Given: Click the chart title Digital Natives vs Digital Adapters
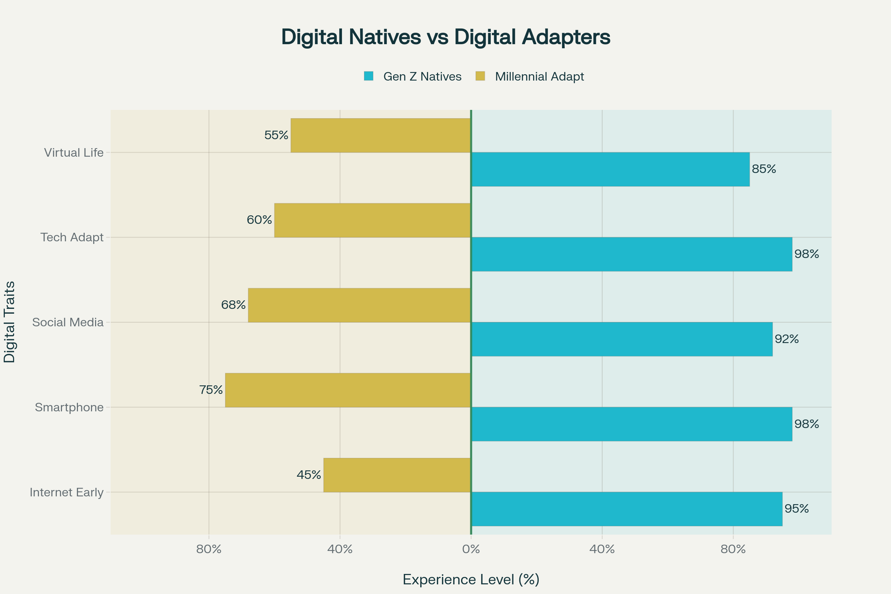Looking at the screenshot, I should point(446,37).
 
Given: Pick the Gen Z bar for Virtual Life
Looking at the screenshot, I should point(610,169).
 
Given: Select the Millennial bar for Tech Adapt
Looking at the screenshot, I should point(372,220).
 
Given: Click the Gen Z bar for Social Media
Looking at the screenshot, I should point(621,339).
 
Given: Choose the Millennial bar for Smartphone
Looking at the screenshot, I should point(348,390).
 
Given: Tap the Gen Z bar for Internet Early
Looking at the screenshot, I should point(627,509).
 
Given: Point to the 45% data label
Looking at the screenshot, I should point(309,475).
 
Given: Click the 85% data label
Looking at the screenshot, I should point(764,169).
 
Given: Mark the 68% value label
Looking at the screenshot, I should point(234,305).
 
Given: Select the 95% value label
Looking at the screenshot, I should point(796,509).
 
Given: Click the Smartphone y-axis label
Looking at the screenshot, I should point(69,407).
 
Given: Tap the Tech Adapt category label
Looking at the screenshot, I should point(72,238).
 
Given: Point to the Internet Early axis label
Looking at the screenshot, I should point(66,493).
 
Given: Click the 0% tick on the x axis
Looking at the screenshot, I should point(471,549).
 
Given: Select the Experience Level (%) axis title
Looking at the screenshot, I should point(471,580).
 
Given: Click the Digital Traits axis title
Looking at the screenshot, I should point(10,322).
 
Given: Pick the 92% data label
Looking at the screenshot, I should point(786,339).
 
